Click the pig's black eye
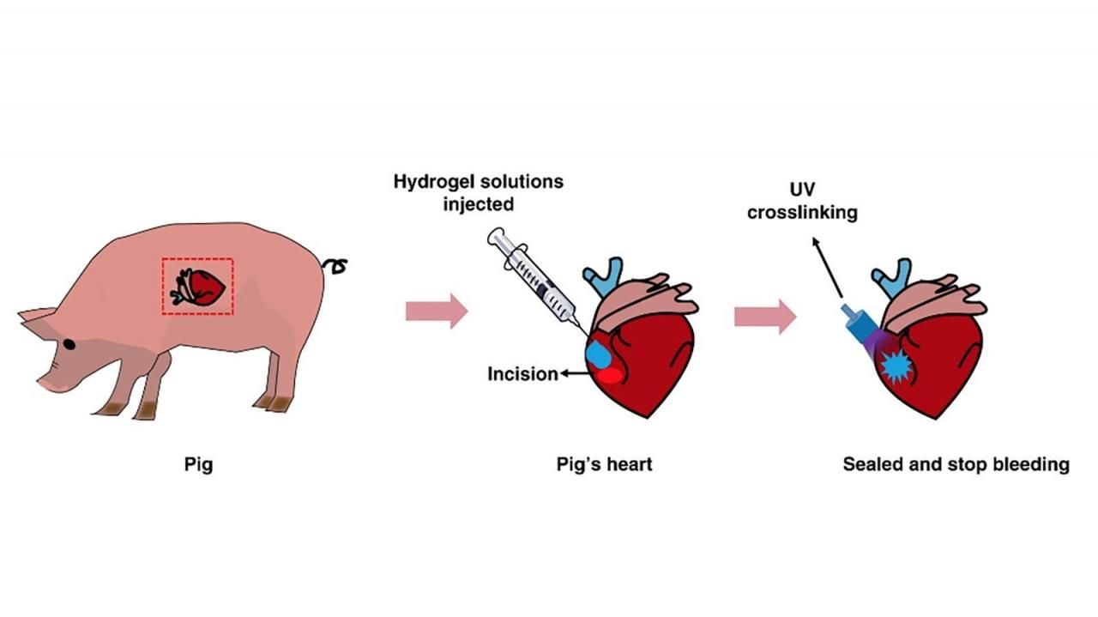tap(69, 344)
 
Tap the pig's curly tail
tap(335, 265)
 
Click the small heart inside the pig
tap(202, 287)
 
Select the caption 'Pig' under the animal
tap(198, 465)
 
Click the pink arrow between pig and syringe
tap(437, 311)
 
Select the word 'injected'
tap(479, 204)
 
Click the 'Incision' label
tap(522, 374)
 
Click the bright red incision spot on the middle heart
tap(610, 374)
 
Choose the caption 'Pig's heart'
tap(604, 465)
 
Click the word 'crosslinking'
tap(801, 212)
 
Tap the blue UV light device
tap(860, 327)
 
